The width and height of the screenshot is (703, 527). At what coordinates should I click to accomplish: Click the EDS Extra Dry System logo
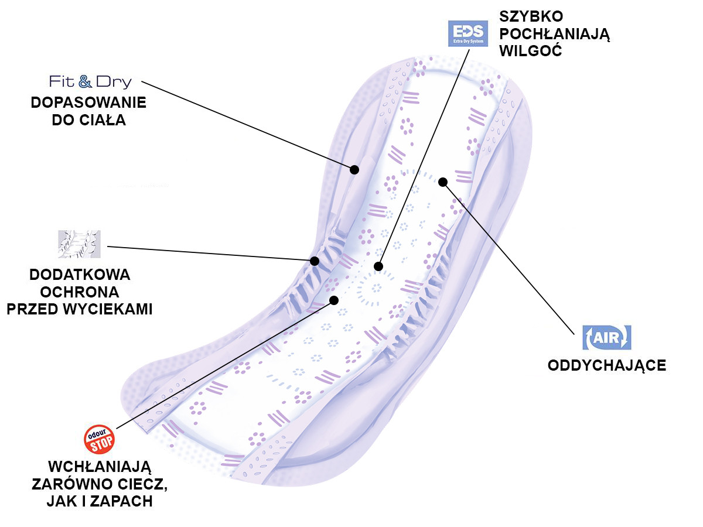(x=467, y=33)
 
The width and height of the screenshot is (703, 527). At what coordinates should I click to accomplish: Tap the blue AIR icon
(x=606, y=338)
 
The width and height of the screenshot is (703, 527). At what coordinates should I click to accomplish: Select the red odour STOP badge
(x=99, y=439)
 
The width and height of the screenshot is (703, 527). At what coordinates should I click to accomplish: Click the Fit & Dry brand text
(x=90, y=81)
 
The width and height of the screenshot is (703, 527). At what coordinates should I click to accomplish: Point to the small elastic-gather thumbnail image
(x=79, y=244)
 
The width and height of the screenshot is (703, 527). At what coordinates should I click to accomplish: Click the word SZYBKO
(x=531, y=16)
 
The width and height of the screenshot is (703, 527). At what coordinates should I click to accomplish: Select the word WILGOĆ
(x=531, y=51)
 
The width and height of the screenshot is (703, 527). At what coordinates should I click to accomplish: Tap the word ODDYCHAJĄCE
(x=607, y=365)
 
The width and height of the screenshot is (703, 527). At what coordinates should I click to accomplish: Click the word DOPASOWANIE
(x=88, y=102)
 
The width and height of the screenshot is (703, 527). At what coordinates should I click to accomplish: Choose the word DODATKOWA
(x=80, y=275)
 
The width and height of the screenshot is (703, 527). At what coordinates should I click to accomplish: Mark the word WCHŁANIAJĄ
(x=99, y=467)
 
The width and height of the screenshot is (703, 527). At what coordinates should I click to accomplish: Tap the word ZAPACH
(x=121, y=501)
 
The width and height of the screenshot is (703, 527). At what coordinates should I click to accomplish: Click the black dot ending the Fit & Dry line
(x=354, y=170)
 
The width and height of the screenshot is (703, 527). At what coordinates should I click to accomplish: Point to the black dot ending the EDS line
(x=378, y=266)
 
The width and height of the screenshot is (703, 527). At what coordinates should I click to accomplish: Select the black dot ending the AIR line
(x=443, y=182)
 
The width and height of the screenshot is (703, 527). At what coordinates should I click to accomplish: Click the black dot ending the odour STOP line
(x=334, y=300)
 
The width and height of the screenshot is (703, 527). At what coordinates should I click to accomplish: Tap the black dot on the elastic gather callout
(x=315, y=261)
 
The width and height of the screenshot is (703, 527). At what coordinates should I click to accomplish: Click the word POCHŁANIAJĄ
(x=555, y=34)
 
